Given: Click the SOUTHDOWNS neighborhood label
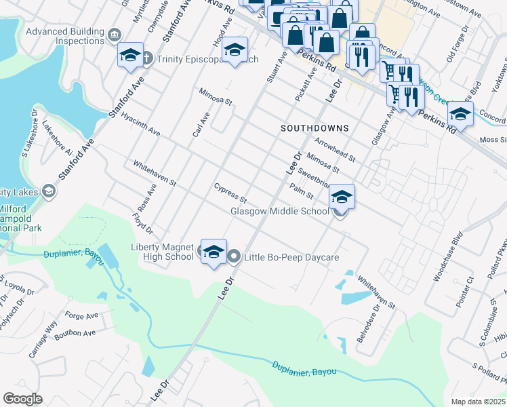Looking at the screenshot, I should pyautogui.click(x=315, y=128).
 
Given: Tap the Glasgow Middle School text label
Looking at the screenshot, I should pyautogui.click(x=280, y=211).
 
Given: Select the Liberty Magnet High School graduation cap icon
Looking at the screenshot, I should pyautogui.click(x=214, y=252).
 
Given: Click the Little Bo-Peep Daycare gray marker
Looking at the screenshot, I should pyautogui.click(x=235, y=256).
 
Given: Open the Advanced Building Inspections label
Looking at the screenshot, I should pyautogui.click(x=64, y=36).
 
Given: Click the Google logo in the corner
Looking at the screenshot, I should pyautogui.click(x=22, y=398).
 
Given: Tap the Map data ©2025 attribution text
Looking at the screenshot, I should pyautogui.click(x=479, y=402).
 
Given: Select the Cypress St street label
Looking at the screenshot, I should pyautogui.click(x=230, y=193).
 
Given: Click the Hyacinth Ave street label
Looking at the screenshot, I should pyautogui.click(x=141, y=123).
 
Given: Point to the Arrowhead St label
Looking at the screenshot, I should pyautogui.click(x=336, y=149).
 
